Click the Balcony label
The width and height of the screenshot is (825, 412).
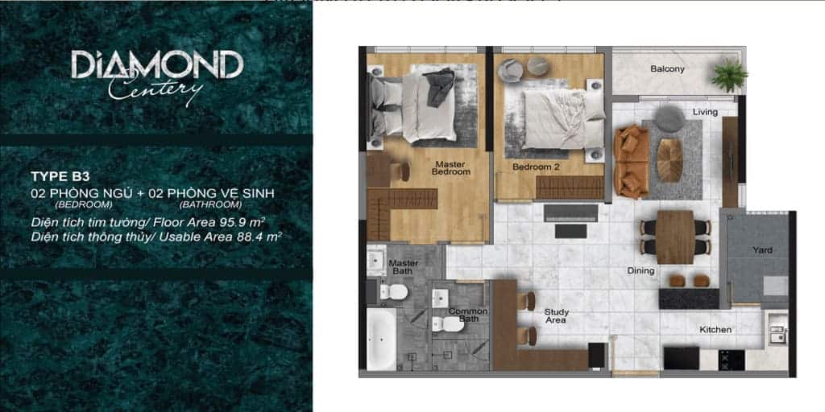667,69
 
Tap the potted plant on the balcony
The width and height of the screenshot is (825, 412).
729,76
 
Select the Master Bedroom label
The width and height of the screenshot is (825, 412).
450,167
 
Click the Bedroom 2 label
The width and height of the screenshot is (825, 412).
536,167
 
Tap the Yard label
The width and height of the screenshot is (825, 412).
762,250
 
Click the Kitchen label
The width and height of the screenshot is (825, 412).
715,330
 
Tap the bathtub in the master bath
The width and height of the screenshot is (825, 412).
381,339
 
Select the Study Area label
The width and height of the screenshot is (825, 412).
556,315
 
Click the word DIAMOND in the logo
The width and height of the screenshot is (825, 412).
156,65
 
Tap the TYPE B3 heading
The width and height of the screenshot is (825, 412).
57,175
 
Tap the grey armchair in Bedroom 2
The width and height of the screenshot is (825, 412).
510,71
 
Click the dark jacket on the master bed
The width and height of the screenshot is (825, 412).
439,86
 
